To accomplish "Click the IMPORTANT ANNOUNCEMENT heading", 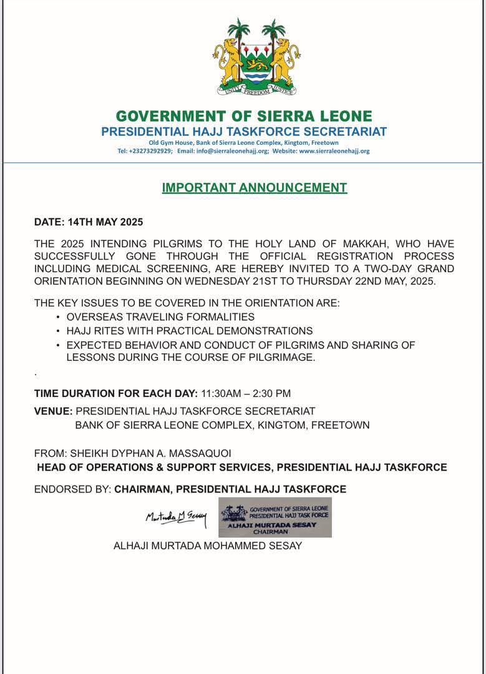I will pos(255,187).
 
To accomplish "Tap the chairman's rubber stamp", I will pos(275,517).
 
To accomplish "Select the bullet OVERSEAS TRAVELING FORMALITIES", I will pos(160,317).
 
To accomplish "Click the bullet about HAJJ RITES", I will pos(189,331).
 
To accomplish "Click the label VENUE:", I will pos(54,411).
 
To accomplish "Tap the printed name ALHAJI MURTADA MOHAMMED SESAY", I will pos(208,546).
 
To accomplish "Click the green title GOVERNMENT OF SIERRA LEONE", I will pos(244,117).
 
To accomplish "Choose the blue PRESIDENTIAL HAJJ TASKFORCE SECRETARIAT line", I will pos(244,132).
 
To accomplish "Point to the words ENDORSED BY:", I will pos(72,489).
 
